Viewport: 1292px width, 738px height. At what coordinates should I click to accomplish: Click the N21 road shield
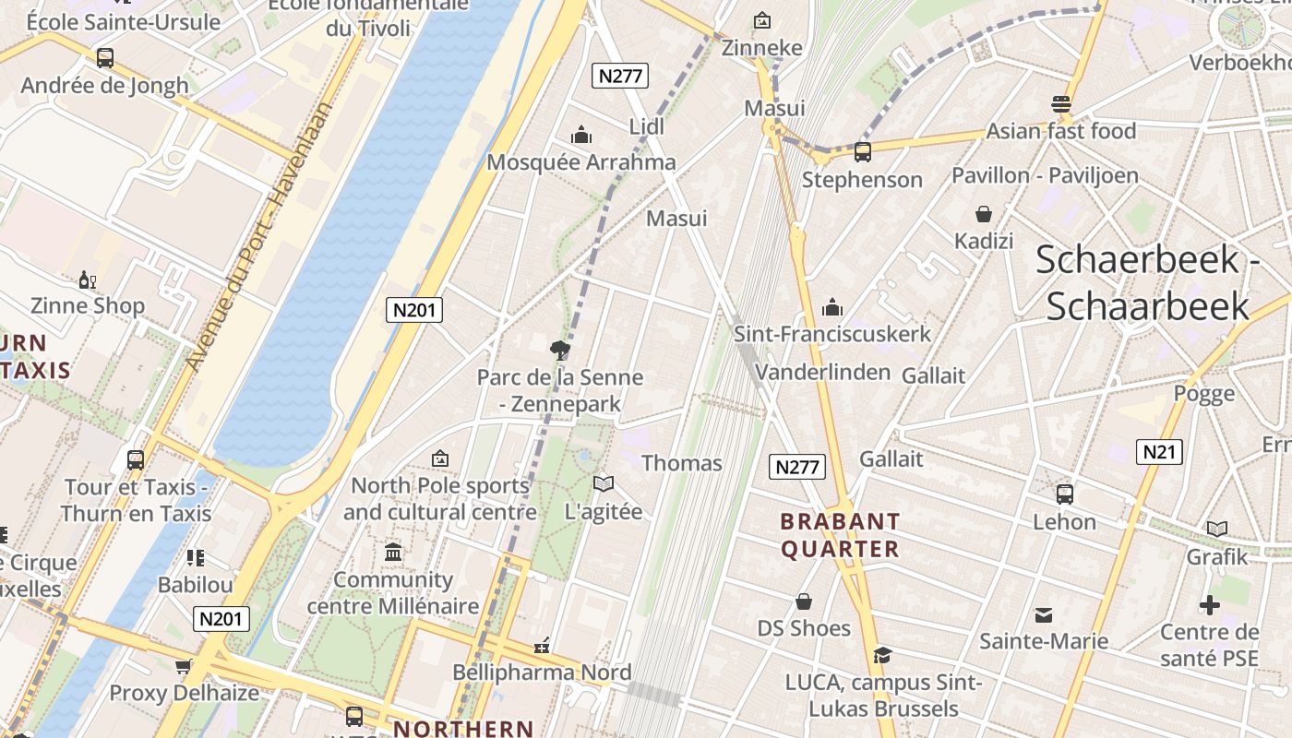click(1158, 451)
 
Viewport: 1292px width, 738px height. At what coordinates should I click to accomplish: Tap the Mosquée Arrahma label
click(581, 162)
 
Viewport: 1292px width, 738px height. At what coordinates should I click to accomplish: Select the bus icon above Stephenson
click(863, 152)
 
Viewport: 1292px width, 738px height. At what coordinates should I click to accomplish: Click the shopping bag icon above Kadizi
click(984, 214)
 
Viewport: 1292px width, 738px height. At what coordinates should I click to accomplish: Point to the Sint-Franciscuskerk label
click(832, 333)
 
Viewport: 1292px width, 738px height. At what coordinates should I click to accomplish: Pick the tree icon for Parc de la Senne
click(558, 350)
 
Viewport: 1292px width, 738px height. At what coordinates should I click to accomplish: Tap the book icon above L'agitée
click(604, 483)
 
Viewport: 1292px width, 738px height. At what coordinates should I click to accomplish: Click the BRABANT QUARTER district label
click(840, 535)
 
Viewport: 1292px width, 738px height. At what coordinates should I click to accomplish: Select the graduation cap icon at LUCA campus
click(882, 655)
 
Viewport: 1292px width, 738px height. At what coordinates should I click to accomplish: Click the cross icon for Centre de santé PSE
click(1209, 605)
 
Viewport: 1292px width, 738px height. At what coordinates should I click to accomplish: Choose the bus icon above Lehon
click(1064, 494)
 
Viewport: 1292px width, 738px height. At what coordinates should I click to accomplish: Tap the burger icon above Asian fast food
click(1061, 103)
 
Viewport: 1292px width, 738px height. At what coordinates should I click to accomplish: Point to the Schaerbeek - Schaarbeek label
click(1147, 282)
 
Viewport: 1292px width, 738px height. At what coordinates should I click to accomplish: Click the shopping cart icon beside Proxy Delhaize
click(183, 666)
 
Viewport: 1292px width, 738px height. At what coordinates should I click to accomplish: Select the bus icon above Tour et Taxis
click(136, 459)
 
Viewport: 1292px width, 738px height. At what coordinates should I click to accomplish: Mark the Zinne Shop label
click(88, 305)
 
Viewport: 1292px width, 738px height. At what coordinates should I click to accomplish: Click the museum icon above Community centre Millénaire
click(393, 553)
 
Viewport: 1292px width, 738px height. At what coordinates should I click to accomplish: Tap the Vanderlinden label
click(822, 372)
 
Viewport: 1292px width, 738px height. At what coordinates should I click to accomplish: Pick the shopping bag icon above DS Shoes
click(804, 601)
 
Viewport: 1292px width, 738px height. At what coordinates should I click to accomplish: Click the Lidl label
click(646, 126)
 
